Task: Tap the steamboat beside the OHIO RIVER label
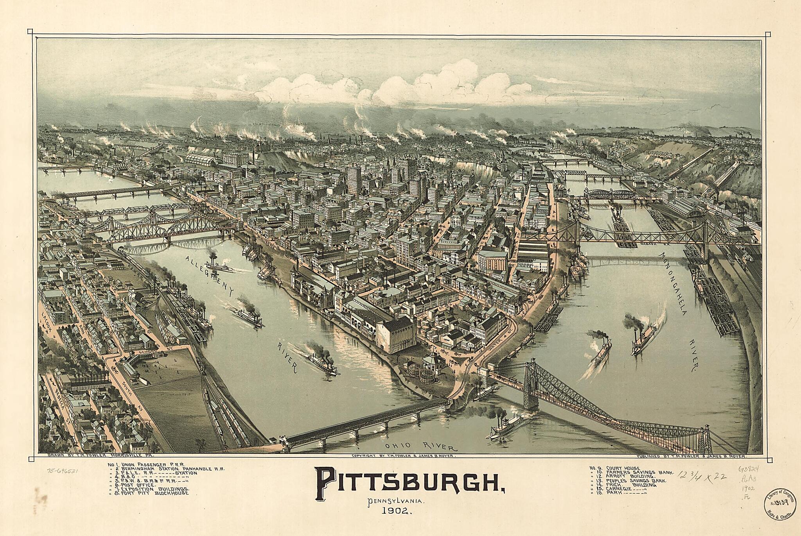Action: (x=506, y=426)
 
